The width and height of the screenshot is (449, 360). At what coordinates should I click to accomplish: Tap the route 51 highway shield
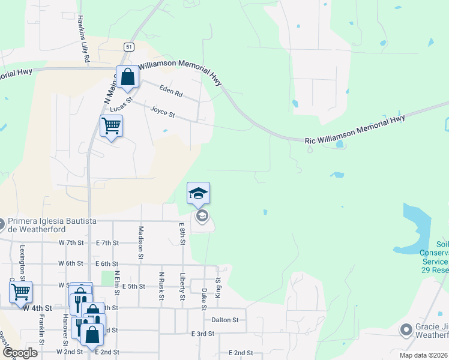tap(130, 46)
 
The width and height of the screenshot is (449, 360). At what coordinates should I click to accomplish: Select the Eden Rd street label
tap(170, 91)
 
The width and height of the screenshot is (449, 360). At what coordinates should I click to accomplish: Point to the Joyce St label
tap(162, 112)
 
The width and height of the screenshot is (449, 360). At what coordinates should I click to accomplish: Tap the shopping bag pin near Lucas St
tap(128, 77)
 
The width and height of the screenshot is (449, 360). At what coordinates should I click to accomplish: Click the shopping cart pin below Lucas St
tap(111, 126)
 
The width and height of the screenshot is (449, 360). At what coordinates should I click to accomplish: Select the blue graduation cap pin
tap(199, 193)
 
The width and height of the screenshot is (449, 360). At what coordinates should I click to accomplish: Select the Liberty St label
tap(182, 287)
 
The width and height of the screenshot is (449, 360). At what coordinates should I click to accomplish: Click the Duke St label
tap(204, 299)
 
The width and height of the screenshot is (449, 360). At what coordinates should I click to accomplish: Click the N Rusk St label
tap(161, 286)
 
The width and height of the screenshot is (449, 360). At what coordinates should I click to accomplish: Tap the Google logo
tap(20, 353)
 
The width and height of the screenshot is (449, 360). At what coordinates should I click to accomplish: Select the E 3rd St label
tap(202, 334)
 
